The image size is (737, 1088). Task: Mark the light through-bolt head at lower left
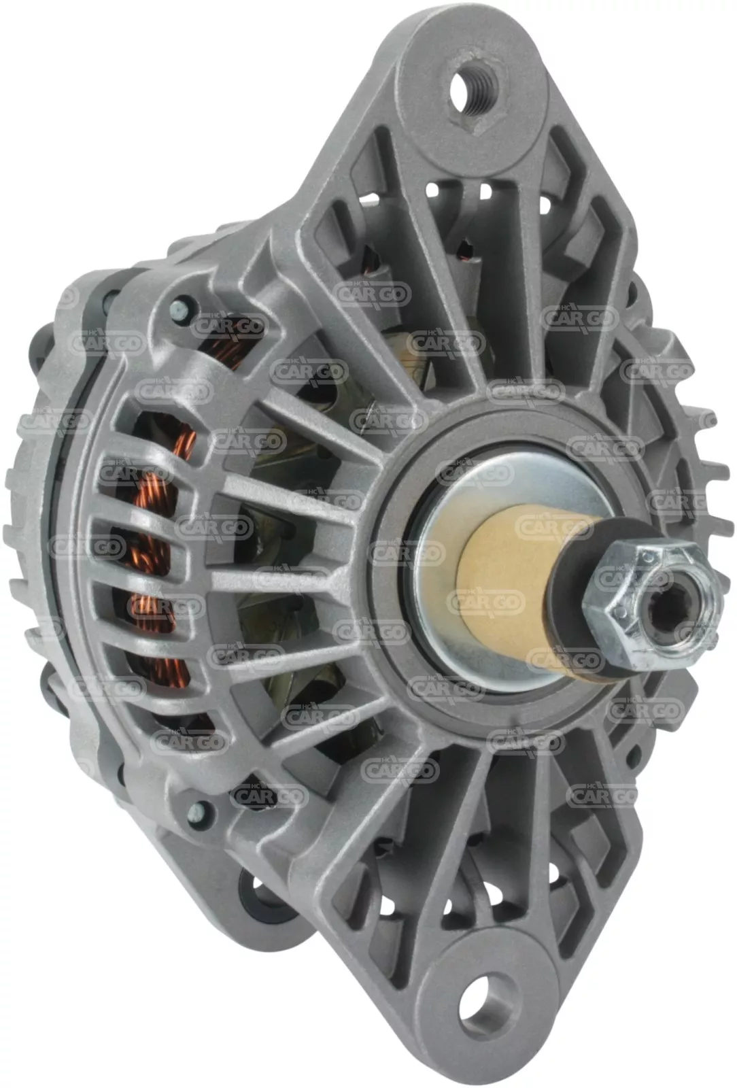point(199,809)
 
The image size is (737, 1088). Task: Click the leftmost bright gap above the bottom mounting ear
point(388,904)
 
